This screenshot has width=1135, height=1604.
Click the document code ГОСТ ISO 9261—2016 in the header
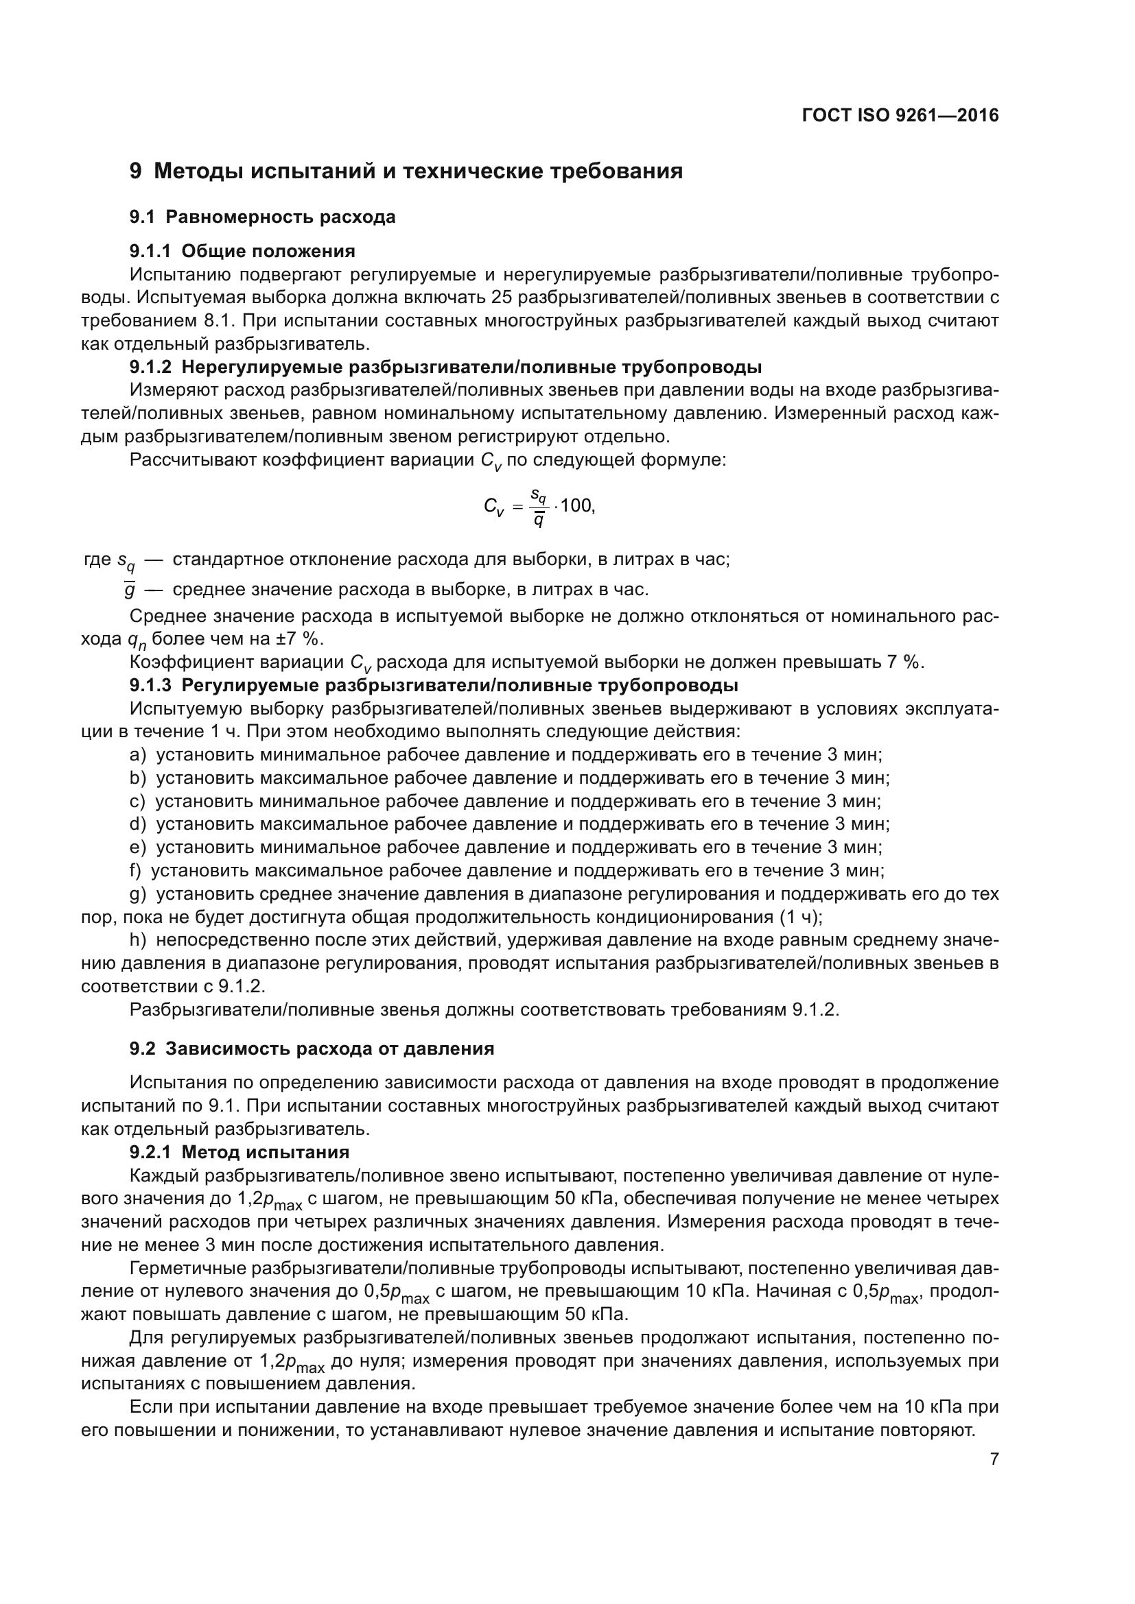(x=900, y=115)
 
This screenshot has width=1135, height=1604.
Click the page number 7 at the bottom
(x=994, y=1459)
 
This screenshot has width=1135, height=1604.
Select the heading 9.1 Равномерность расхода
(x=262, y=217)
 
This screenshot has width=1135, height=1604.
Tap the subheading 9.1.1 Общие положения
(x=242, y=251)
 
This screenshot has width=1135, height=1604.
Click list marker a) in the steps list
(x=138, y=755)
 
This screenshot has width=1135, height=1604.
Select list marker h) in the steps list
(x=138, y=940)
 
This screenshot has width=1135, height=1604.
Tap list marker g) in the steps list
(x=138, y=894)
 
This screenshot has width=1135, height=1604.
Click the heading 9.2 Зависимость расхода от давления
(x=312, y=1049)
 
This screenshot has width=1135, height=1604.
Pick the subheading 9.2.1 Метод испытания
(x=239, y=1152)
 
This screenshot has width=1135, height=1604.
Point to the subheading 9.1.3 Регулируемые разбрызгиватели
(x=433, y=684)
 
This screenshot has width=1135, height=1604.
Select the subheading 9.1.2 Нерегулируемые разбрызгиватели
(x=445, y=367)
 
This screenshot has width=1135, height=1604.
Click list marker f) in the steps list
(x=136, y=871)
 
